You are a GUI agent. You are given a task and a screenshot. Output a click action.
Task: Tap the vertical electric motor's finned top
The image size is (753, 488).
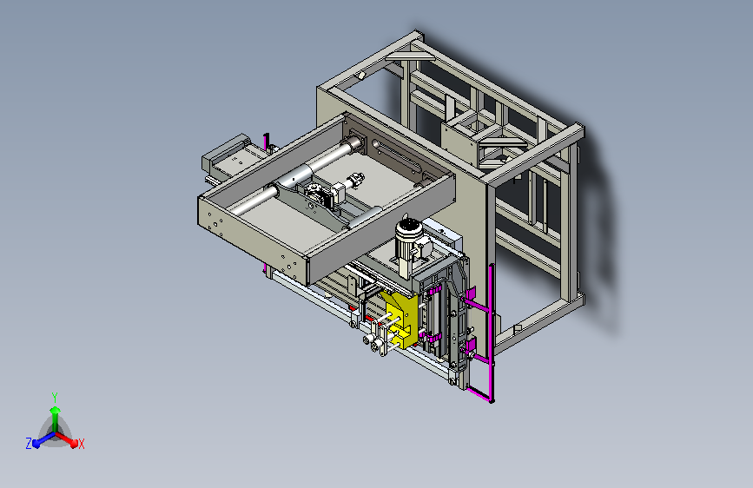408,228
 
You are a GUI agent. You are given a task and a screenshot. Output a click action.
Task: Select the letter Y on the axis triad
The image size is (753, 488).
55,397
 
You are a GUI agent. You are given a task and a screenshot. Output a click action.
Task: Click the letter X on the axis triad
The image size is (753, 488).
82,445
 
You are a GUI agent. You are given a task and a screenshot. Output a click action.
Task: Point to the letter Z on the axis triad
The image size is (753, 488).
29,444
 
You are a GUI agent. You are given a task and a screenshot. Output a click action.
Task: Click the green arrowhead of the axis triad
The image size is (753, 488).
56,410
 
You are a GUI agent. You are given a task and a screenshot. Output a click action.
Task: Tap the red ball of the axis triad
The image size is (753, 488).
74,444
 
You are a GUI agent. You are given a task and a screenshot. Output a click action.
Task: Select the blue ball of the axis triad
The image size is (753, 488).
36,445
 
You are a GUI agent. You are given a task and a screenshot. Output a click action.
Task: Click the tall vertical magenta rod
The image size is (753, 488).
492,333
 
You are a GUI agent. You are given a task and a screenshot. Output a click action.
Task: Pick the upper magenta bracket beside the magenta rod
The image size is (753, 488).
469,293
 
